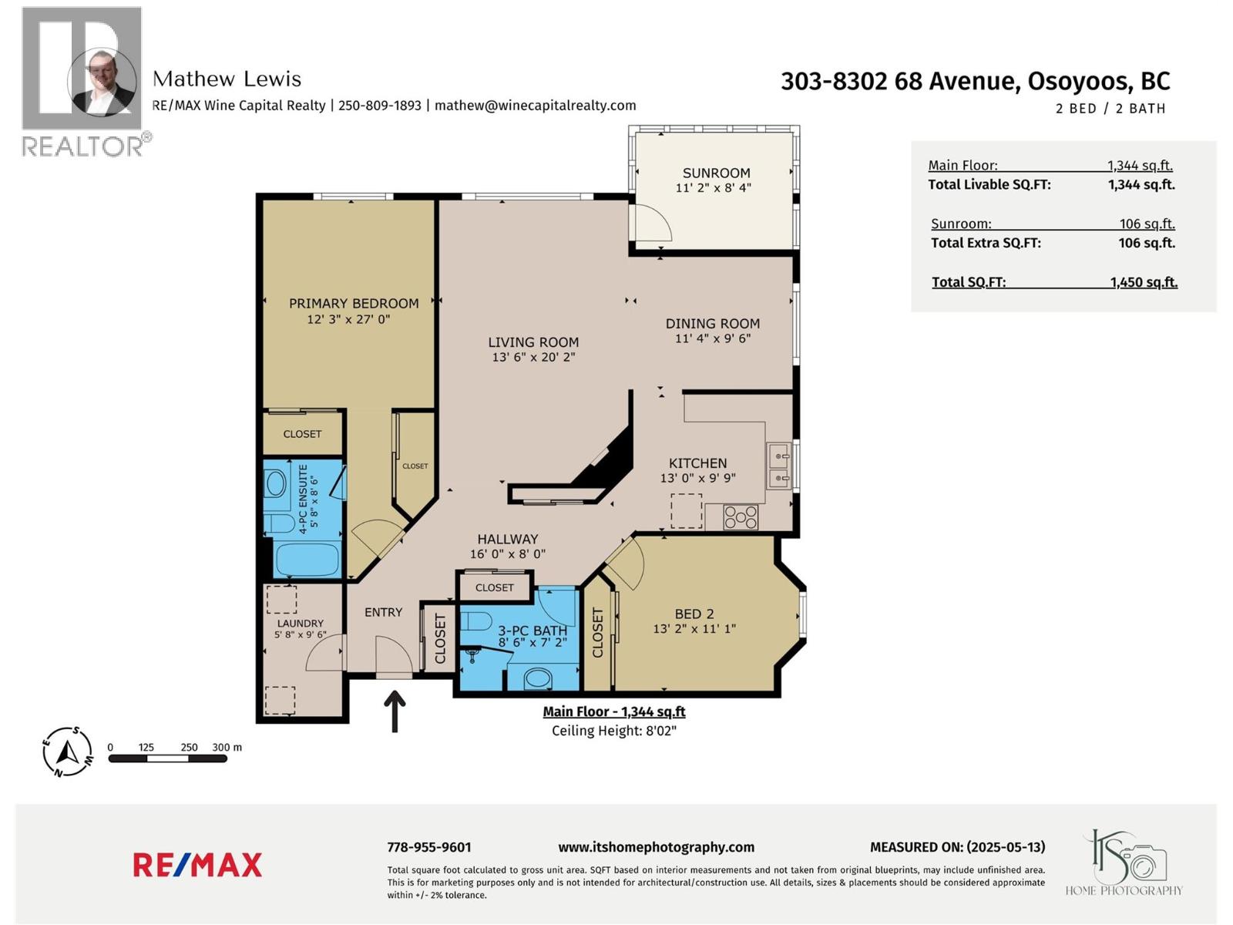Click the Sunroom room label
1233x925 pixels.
tap(716, 173)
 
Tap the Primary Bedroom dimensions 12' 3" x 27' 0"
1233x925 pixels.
tap(348, 319)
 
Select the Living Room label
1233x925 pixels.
tap(533, 342)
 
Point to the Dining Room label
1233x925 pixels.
tap(712, 324)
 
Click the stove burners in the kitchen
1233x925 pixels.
tap(741, 516)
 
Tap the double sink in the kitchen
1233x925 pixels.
tap(778, 467)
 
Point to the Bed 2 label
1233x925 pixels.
tap(694, 614)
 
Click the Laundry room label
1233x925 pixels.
tap(300, 624)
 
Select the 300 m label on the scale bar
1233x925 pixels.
tap(227, 747)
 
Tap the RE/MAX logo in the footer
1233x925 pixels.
tap(197, 865)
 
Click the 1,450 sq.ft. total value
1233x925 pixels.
tap(1144, 282)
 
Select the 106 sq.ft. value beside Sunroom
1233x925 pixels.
tap(1147, 224)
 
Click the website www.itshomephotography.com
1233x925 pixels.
tap(656, 847)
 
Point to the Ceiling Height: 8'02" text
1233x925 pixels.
tap(613, 731)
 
